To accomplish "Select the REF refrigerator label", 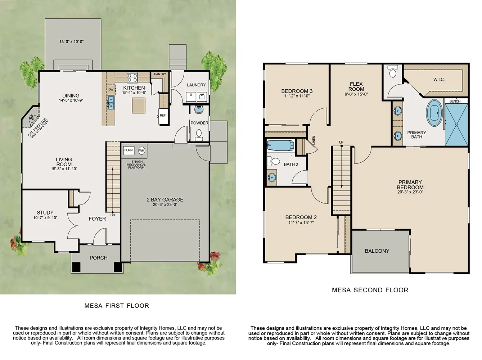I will click(x=163, y=116).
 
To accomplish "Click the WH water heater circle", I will click(x=141, y=150).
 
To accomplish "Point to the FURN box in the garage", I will click(x=129, y=150).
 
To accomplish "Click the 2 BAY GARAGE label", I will click(x=165, y=200).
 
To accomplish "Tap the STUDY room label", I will click(x=45, y=213).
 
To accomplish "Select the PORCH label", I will click(x=98, y=258).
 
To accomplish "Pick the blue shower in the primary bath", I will click(x=456, y=125).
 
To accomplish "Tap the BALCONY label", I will click(x=377, y=251).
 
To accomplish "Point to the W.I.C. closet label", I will click(x=438, y=80).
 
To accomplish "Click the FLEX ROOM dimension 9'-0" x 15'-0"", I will click(x=356, y=94).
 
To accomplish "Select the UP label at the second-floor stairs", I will click(x=341, y=143).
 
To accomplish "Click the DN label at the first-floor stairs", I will click(x=113, y=215).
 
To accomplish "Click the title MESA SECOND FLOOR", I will click(x=370, y=290).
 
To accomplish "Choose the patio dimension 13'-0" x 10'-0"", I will click(x=71, y=42).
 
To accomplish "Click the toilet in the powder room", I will click(x=198, y=134).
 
